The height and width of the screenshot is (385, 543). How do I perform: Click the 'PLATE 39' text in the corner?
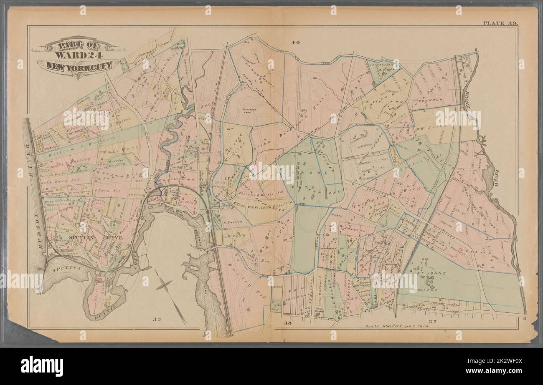(500, 23)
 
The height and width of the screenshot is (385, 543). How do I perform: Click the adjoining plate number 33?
(156, 320)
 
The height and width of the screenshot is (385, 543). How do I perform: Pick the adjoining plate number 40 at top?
(296, 42)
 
